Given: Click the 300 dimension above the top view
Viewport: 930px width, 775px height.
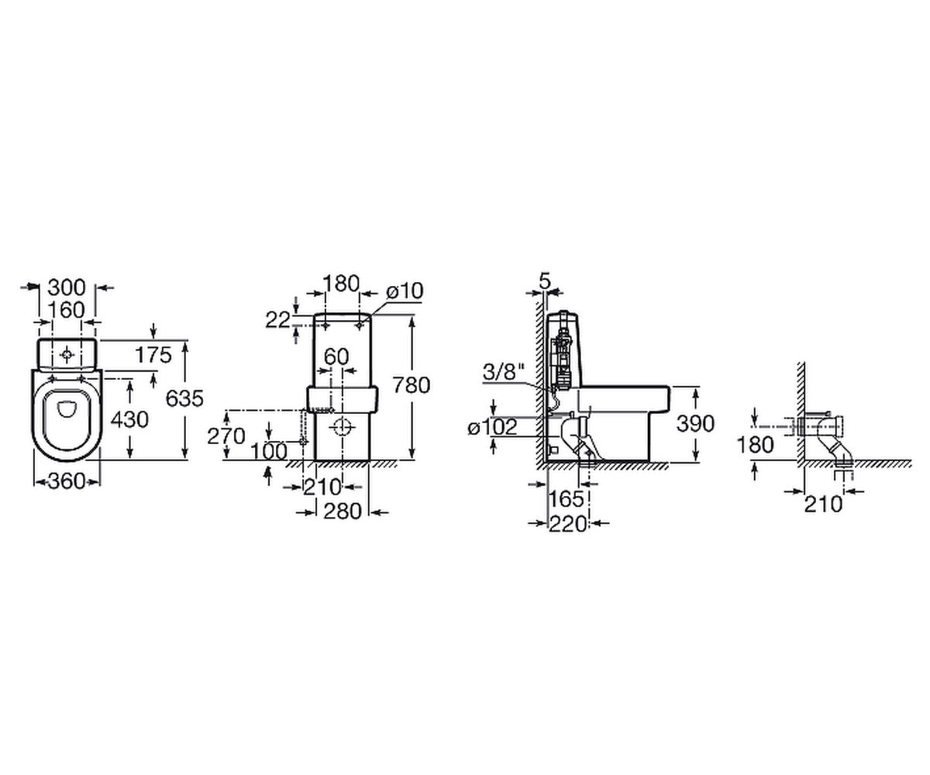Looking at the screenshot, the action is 67,288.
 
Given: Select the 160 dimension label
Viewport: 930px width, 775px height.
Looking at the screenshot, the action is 67,310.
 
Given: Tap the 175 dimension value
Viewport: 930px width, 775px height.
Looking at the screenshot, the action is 153,355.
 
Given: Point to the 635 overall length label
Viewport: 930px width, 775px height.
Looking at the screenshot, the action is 184,398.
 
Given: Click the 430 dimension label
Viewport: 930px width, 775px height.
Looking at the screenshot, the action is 129,419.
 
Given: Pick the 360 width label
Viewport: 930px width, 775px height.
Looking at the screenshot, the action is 67,481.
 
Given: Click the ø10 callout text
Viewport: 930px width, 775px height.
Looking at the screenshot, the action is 405,291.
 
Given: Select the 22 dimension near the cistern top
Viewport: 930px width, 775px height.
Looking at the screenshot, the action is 278,320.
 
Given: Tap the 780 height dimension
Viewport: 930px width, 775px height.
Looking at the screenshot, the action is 411,385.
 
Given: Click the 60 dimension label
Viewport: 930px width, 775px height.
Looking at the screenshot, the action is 336,356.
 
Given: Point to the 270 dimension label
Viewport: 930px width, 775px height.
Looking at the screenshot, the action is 226,436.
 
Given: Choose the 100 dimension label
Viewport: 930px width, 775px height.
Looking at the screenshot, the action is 269,452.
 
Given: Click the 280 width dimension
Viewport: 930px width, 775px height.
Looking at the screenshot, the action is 343,511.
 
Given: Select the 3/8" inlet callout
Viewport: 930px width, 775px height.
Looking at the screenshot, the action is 505,372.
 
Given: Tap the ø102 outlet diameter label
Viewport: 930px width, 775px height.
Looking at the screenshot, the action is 493,428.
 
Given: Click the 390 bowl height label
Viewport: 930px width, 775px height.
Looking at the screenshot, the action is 695,423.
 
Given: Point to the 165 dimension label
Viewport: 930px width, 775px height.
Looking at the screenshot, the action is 566,499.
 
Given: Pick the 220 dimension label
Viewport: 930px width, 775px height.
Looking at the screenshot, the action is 568,524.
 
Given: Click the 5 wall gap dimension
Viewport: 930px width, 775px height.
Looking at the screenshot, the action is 545,281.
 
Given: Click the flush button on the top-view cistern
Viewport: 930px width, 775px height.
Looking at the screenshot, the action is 67,355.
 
